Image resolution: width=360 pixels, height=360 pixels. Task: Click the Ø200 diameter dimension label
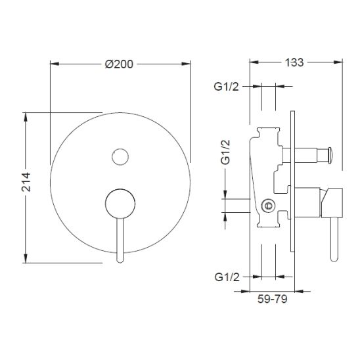119,64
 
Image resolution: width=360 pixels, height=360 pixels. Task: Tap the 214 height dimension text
26,182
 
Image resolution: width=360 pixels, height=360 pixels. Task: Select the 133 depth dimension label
294,62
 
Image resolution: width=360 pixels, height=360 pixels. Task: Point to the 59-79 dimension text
272,299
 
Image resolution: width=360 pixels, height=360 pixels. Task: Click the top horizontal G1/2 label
226,87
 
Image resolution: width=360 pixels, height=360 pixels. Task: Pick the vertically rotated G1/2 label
225,152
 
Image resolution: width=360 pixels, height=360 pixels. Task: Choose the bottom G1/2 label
227,277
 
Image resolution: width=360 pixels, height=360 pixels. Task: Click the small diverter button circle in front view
120,157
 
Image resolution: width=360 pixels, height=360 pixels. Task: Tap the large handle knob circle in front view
120,204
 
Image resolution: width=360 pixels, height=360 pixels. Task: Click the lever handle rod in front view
120,240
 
